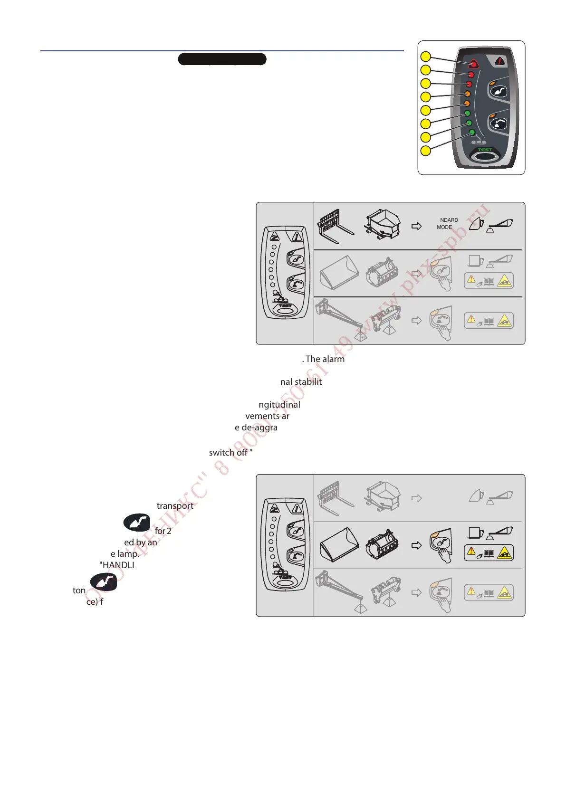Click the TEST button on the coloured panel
485,155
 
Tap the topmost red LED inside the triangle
474,65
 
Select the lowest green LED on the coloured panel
472,133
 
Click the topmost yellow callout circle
426,57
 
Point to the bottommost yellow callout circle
426,151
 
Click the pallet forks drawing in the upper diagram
336,226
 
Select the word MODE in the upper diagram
444,227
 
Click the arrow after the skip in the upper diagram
416,226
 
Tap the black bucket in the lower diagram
339,544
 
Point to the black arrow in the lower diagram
416,545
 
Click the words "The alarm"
325,359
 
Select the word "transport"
175,506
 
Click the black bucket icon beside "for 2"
137,523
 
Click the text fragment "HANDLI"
117,565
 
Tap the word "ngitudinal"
279,405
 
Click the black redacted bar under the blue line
222,59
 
